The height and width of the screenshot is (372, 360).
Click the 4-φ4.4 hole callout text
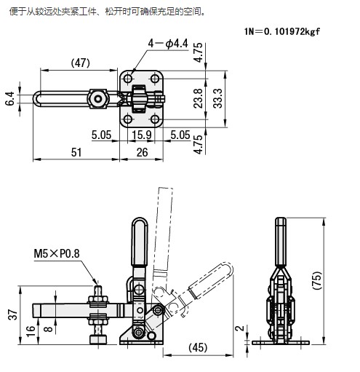[168, 44]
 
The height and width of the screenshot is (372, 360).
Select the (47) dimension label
[81, 63]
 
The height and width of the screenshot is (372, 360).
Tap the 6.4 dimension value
[10, 98]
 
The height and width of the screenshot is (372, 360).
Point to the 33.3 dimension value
[217, 98]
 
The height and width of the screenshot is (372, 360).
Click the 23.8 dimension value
[198, 98]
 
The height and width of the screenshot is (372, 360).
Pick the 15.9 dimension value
[142, 135]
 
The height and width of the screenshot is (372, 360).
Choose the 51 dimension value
[76, 152]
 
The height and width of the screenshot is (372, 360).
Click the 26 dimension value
[142, 152]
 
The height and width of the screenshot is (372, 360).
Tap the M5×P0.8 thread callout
[57, 253]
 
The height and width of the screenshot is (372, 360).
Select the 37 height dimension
[13, 314]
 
